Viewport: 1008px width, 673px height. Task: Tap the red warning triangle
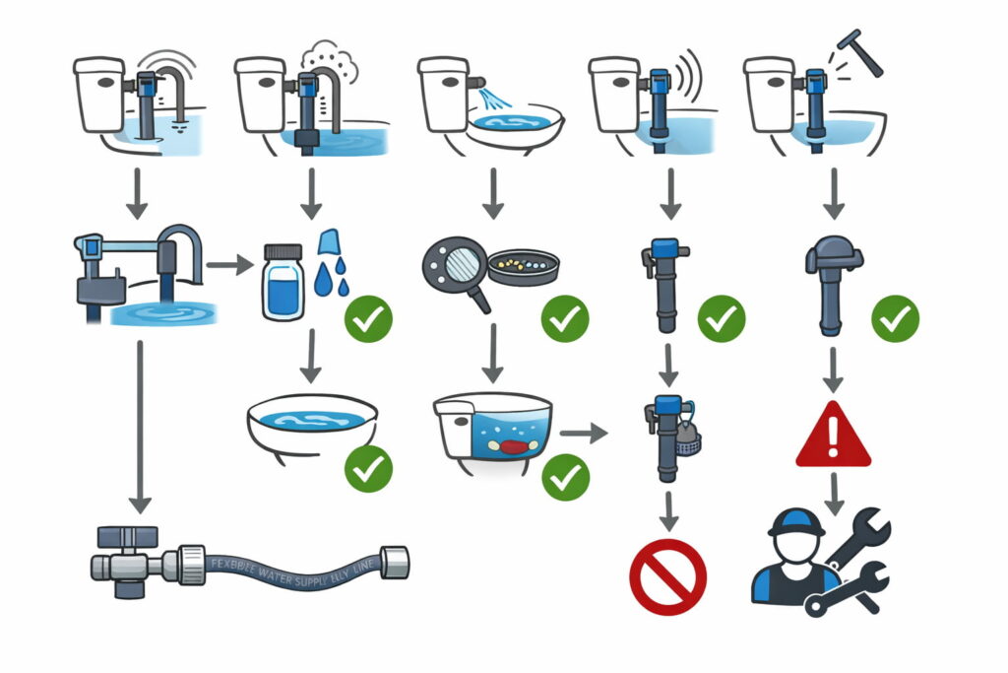tap(833, 437)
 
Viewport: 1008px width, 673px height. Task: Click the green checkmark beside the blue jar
tap(368, 318)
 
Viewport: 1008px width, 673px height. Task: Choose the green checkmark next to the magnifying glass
tap(565, 318)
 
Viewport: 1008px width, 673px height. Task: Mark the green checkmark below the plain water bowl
tap(368, 467)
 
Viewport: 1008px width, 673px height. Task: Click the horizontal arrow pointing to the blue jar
tap(229, 264)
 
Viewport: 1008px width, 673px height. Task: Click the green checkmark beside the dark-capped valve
tap(895, 318)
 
